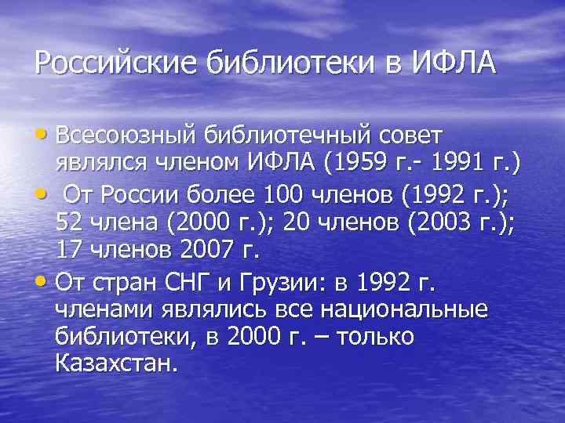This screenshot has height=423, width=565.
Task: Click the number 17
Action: [69, 251]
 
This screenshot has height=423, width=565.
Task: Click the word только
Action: [370, 338]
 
